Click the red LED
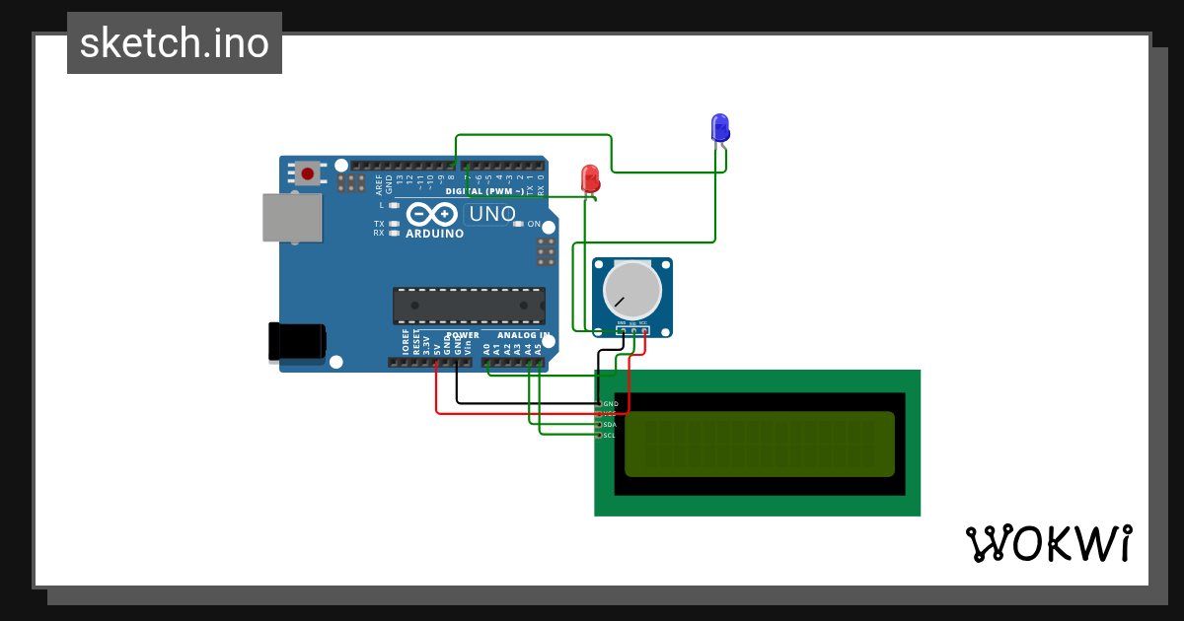pyautogui.click(x=590, y=177)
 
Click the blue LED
pyautogui.click(x=720, y=127)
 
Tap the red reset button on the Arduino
pyautogui.click(x=308, y=174)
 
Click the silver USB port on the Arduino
pyautogui.click(x=292, y=217)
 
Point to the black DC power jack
pyautogui.click(x=297, y=341)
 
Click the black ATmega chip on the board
pyautogui.click(x=469, y=306)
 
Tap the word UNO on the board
pyautogui.click(x=492, y=214)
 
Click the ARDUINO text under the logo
pyautogui.click(x=434, y=235)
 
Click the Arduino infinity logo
pyautogui.click(x=432, y=214)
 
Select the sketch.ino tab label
pyautogui.click(x=175, y=43)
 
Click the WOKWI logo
pyautogui.click(x=1048, y=543)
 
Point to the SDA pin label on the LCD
pyautogui.click(x=610, y=425)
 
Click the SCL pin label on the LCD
pyautogui.click(x=610, y=435)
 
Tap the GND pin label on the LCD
pyautogui.click(x=611, y=404)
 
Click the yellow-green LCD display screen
pyautogui.click(x=760, y=444)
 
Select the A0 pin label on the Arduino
pyautogui.click(x=486, y=348)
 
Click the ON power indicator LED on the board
pyautogui.click(x=519, y=224)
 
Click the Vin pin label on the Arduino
pyautogui.click(x=468, y=347)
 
